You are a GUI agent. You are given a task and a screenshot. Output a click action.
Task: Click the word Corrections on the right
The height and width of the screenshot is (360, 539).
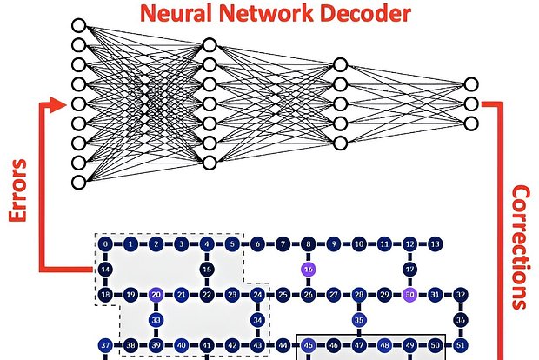(x=519, y=246)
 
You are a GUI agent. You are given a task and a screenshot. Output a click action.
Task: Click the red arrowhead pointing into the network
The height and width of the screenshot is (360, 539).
(x=58, y=105)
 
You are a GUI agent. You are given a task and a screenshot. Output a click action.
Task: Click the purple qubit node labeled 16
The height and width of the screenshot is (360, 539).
(x=308, y=270)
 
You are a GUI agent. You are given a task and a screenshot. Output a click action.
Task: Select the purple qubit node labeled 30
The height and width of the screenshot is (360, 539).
(x=410, y=296)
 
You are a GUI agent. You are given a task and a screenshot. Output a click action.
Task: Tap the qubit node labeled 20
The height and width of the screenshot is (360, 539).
(x=156, y=296)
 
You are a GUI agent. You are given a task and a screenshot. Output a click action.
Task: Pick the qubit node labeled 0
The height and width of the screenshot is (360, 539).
(x=104, y=244)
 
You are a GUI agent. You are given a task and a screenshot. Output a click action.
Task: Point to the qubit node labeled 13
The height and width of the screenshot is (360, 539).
(x=436, y=244)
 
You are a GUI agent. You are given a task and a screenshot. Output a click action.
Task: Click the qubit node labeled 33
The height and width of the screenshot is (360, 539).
(x=156, y=320)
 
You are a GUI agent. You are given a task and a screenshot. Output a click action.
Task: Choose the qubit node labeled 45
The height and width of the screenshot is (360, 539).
(x=308, y=345)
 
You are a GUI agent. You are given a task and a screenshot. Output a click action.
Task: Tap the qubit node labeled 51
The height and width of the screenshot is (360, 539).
(x=461, y=345)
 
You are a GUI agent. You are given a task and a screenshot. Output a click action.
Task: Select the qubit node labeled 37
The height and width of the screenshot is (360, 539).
(x=104, y=345)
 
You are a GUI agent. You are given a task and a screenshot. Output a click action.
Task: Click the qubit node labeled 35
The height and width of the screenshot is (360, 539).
(x=359, y=320)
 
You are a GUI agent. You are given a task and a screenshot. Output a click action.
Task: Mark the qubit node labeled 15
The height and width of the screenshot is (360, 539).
(x=207, y=270)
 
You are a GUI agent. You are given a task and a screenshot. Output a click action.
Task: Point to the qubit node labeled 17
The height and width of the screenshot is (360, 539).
(x=410, y=270)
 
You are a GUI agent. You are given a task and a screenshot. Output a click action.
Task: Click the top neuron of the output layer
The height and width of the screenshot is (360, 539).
(x=470, y=84)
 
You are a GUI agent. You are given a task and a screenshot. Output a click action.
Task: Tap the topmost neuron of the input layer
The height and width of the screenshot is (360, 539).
(x=79, y=25)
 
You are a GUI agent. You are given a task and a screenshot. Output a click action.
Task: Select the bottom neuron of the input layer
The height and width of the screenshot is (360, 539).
(x=79, y=182)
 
